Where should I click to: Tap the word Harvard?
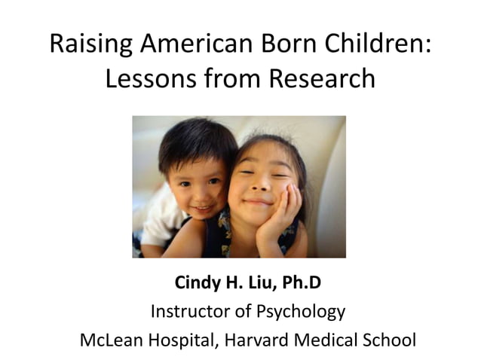[253, 339]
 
